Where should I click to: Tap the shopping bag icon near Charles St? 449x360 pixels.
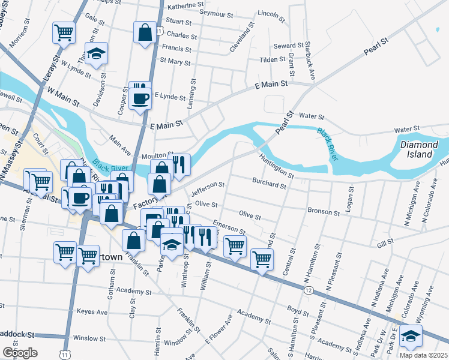tap(145, 32)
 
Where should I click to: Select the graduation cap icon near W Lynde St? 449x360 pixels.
tap(95, 53)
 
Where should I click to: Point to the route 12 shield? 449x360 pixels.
tap(308, 290)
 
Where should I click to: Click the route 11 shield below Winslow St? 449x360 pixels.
tap(64, 356)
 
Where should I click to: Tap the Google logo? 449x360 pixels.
tap(20, 353)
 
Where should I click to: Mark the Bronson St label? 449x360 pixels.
tap(324, 211)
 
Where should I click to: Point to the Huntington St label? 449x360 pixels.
tap(276, 167)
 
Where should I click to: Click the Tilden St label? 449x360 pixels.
tap(273, 60)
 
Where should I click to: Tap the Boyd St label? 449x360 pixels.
tap(297, 310)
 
